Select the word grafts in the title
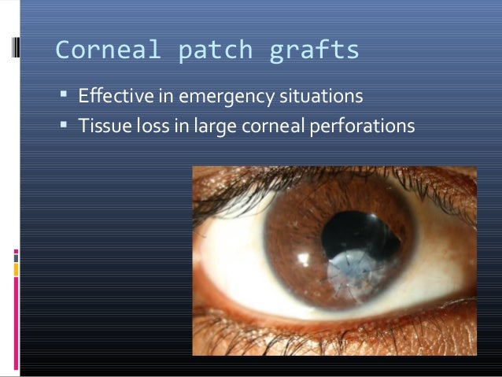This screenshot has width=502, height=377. click(315, 51)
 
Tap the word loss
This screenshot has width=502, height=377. click(146, 125)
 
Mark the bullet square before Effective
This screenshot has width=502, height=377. click(64, 97)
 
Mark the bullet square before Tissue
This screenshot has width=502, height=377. click(64, 124)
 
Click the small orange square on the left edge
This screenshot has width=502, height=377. click(16, 269)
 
